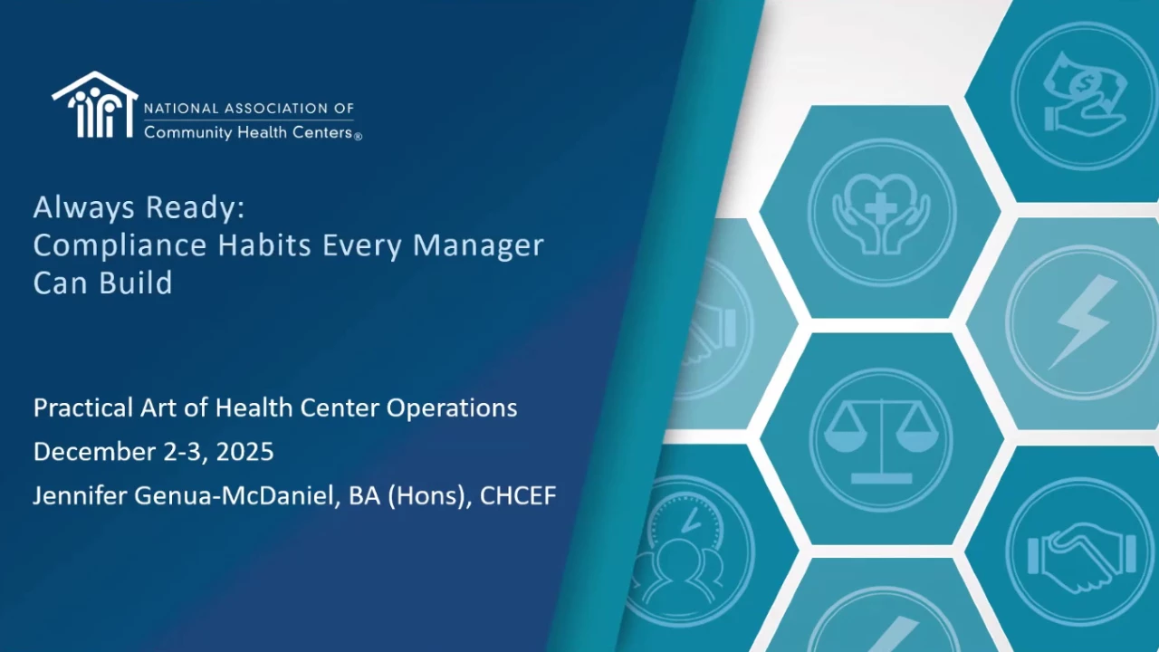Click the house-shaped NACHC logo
point(95,104)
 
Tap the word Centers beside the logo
point(322,132)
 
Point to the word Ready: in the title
point(195,208)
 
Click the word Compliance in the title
point(120,245)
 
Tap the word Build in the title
point(136,283)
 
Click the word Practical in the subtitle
point(83,407)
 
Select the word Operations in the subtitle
point(452,408)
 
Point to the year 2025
point(244,452)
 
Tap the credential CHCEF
point(518,495)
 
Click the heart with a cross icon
point(882,213)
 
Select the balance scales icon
point(882,440)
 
